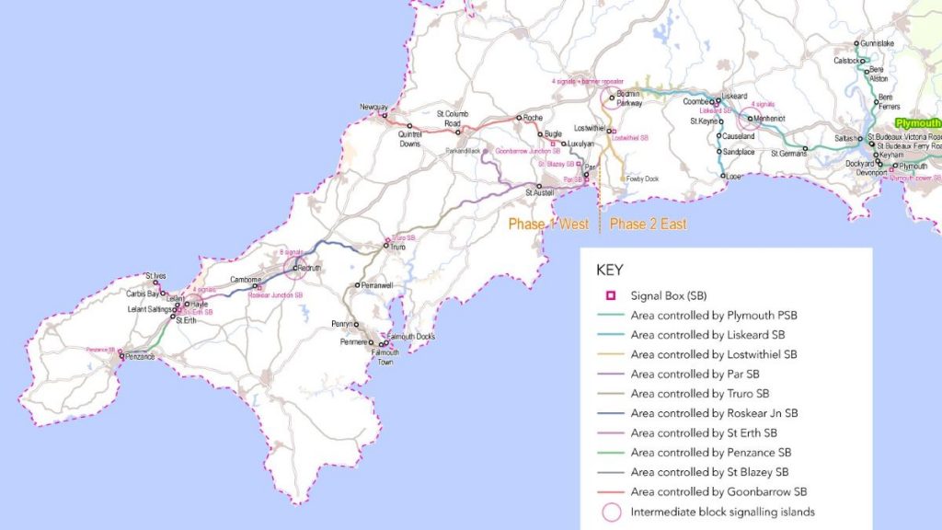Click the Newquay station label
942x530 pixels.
tap(373, 108)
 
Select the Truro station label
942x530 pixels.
tap(397, 248)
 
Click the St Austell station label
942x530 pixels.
tap(540, 193)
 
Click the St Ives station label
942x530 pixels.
tap(155, 275)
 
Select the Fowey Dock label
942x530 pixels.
tap(642, 179)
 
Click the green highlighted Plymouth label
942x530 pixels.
tap(918, 122)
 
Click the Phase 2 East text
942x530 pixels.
tap(648, 224)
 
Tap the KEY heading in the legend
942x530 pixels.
tap(609, 271)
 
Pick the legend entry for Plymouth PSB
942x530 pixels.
tap(714, 316)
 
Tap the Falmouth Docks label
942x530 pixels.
tap(411, 337)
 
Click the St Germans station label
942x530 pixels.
tap(787, 153)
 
